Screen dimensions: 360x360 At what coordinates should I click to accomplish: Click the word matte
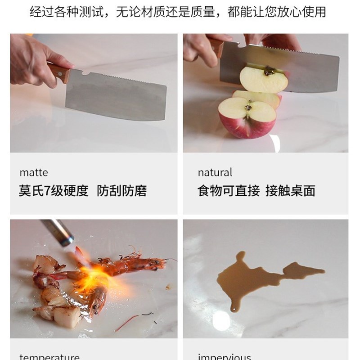(33, 172)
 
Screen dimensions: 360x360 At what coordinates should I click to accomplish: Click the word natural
(215, 172)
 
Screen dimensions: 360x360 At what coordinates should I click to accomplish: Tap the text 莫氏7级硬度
(54, 191)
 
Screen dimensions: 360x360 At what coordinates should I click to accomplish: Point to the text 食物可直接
(229, 191)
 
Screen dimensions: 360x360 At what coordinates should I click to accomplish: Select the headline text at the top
(180, 12)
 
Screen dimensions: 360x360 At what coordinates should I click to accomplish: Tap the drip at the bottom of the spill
(233, 308)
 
